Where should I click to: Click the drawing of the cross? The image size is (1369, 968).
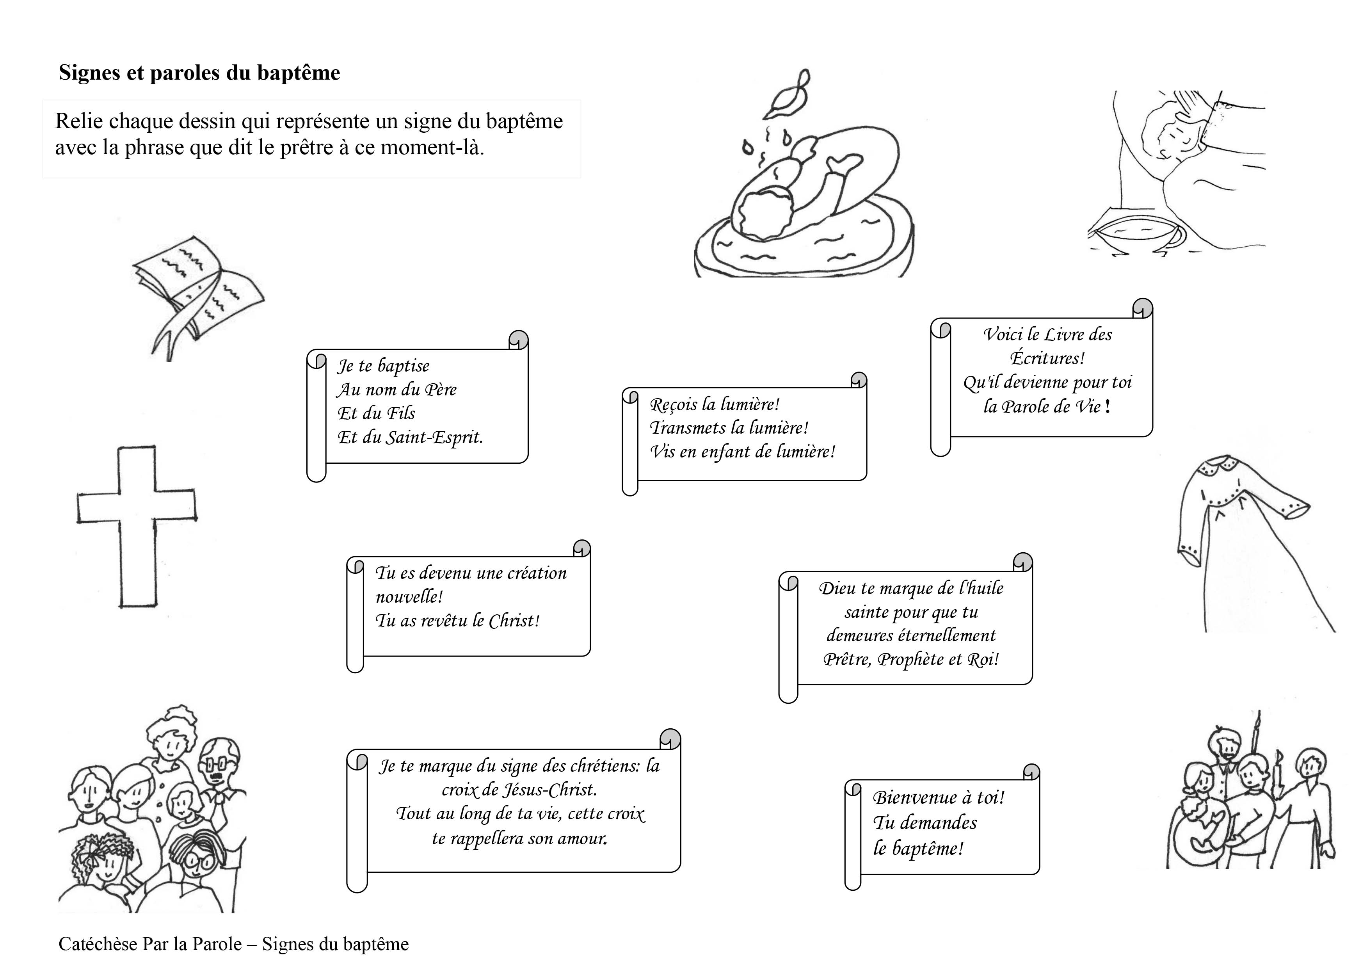coord(137,525)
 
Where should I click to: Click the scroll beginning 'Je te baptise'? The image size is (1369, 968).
coord(418,406)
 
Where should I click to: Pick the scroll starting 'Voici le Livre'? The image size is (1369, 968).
coord(1044,376)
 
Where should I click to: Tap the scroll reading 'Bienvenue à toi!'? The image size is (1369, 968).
coord(942,826)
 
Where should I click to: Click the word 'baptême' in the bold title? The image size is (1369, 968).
coord(298,73)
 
